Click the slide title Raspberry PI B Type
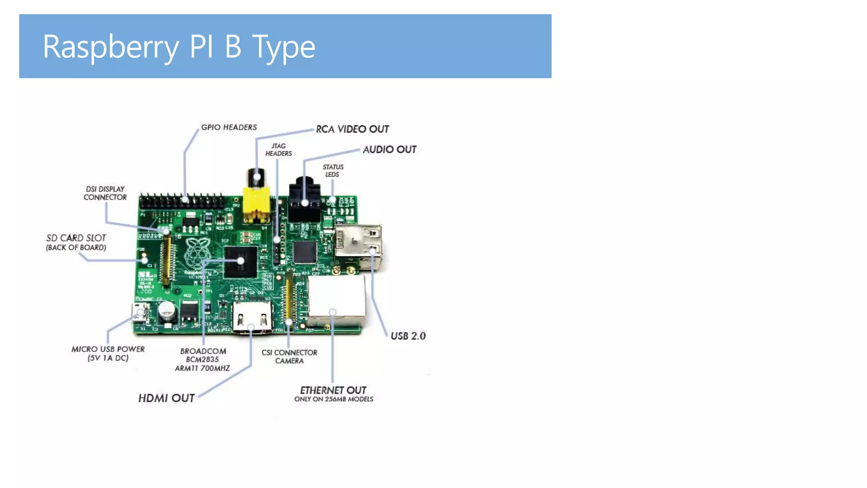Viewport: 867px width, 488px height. [179, 47]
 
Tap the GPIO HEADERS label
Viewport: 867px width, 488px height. [229, 127]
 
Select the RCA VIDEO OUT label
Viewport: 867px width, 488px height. [352, 129]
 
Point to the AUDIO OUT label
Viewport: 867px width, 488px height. [389, 150]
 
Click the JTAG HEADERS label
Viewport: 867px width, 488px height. [279, 150]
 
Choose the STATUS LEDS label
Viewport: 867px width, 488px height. [333, 171]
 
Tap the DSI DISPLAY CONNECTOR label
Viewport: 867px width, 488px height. [105, 193]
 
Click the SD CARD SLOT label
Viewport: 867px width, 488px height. [76, 242]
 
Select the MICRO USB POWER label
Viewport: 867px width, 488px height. [108, 353]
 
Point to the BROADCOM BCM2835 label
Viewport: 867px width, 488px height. [203, 359]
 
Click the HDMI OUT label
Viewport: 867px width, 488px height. [166, 398]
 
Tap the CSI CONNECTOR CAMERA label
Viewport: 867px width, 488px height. [289, 356]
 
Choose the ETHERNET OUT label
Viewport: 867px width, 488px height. [333, 393]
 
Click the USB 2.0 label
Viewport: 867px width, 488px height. [408, 336]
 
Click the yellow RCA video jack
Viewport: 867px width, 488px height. [256, 203]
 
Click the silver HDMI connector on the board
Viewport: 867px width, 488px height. [252, 318]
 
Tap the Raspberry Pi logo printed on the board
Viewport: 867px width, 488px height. [197, 252]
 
